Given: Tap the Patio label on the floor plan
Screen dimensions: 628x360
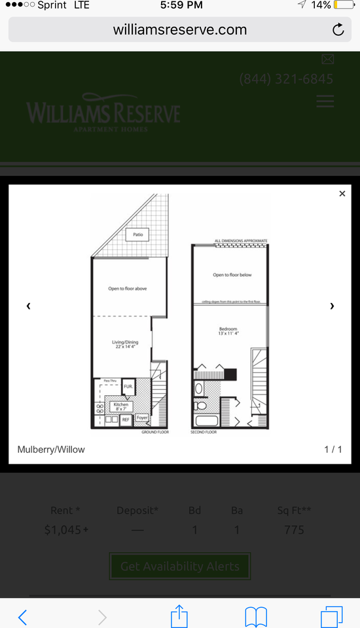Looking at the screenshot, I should pos(137,234).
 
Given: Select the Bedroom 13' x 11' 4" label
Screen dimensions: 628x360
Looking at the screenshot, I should pos(228,331).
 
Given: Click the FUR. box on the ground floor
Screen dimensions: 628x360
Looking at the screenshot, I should pos(128,387).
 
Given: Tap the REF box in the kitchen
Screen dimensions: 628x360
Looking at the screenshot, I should pos(126,419).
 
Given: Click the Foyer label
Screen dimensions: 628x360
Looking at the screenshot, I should pos(142,417).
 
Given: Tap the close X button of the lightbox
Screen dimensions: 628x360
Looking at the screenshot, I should pos(342,194).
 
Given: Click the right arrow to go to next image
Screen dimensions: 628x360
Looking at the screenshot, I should pos(332,305).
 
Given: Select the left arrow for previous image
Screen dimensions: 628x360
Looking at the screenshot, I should pos(28,305).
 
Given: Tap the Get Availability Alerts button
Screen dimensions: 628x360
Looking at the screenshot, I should pos(180,567).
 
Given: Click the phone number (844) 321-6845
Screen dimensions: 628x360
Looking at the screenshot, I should pos(286,79).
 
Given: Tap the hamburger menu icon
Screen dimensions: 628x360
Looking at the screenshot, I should pos(325,101).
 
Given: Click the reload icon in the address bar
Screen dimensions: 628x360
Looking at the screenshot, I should pos(338,29).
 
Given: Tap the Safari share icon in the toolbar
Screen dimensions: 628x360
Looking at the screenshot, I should pos(179,616).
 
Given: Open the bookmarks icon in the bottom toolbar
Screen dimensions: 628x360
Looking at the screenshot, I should pos(255,616).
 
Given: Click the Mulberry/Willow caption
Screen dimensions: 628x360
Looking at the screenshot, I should pos(51,449).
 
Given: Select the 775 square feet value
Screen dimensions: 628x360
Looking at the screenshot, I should pos(294,530).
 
